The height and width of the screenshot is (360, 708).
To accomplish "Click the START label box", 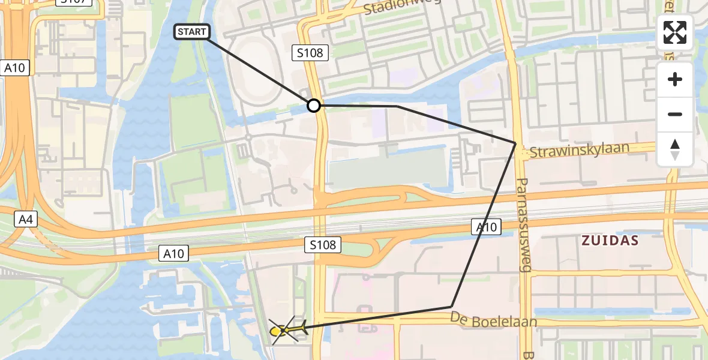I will (x=192, y=32).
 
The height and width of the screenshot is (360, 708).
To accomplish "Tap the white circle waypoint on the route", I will (x=314, y=106).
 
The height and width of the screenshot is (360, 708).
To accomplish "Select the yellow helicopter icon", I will (x=287, y=329).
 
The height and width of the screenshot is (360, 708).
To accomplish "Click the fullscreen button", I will (x=675, y=32).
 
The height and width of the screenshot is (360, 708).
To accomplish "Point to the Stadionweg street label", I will (x=402, y=7).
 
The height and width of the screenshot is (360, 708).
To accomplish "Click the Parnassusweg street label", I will (x=523, y=224).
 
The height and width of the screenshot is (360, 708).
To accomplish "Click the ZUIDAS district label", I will (x=610, y=241).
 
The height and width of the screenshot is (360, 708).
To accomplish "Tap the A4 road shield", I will (x=25, y=220).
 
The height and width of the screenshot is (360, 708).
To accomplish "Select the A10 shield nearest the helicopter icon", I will (x=173, y=254).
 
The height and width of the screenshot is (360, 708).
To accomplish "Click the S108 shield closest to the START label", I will (x=310, y=53).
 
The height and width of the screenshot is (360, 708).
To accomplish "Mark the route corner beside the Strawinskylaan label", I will (x=515, y=143).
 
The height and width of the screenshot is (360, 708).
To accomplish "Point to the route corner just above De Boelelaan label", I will (x=451, y=307).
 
